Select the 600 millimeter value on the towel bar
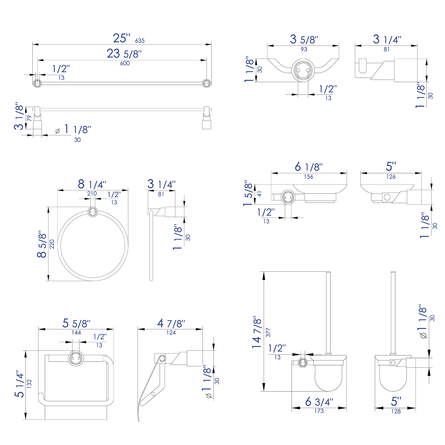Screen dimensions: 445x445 pyautogui.click(x=125, y=63)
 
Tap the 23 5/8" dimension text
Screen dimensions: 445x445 pyautogui.click(x=124, y=54)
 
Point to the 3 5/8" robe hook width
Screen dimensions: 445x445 pyautogui.click(x=304, y=39)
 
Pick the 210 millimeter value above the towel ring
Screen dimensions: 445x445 pyautogui.click(x=92, y=193)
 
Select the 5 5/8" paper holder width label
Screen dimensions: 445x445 pyautogui.click(x=76, y=323)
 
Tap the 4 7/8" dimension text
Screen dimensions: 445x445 pyautogui.click(x=171, y=323)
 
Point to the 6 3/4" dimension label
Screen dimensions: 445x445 pyautogui.click(x=319, y=402)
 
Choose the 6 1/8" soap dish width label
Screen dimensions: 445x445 pyautogui.click(x=309, y=167)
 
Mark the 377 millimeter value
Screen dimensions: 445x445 pyautogui.click(x=268, y=332)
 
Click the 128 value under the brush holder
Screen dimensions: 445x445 pyautogui.click(x=396, y=411)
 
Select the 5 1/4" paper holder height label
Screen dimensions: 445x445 pyautogui.click(x=20, y=384)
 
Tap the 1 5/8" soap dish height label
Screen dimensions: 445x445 pyautogui.click(x=249, y=193)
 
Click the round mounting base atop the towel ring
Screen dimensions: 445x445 pyautogui.click(x=93, y=212)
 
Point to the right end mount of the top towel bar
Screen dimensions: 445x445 pyautogui.click(x=206, y=83)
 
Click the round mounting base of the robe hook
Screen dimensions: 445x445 pyautogui.click(x=302, y=71)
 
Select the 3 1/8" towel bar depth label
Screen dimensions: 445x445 pyautogui.click(x=19, y=116)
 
